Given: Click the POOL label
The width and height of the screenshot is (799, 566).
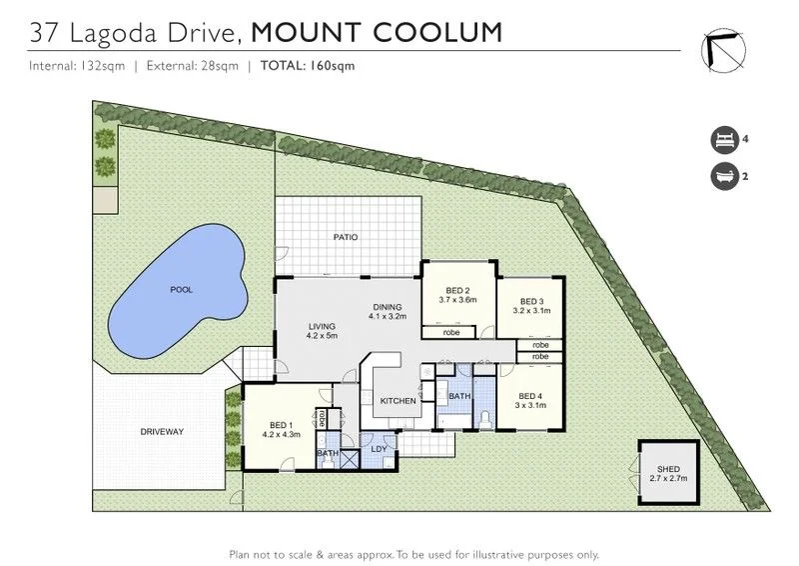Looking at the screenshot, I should [x=181, y=290].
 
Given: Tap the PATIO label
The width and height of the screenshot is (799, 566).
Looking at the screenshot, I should [x=346, y=237].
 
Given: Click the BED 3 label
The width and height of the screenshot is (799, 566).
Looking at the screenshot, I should [x=534, y=302].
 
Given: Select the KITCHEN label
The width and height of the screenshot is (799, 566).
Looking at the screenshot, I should [x=399, y=401].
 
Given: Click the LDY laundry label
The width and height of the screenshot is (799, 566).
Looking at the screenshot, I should [x=380, y=448].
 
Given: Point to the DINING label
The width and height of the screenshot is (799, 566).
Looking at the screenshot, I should [x=388, y=307].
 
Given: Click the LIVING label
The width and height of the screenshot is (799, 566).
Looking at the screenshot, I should [x=322, y=326].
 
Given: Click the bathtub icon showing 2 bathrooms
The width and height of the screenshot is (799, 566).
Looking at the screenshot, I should [x=720, y=177].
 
